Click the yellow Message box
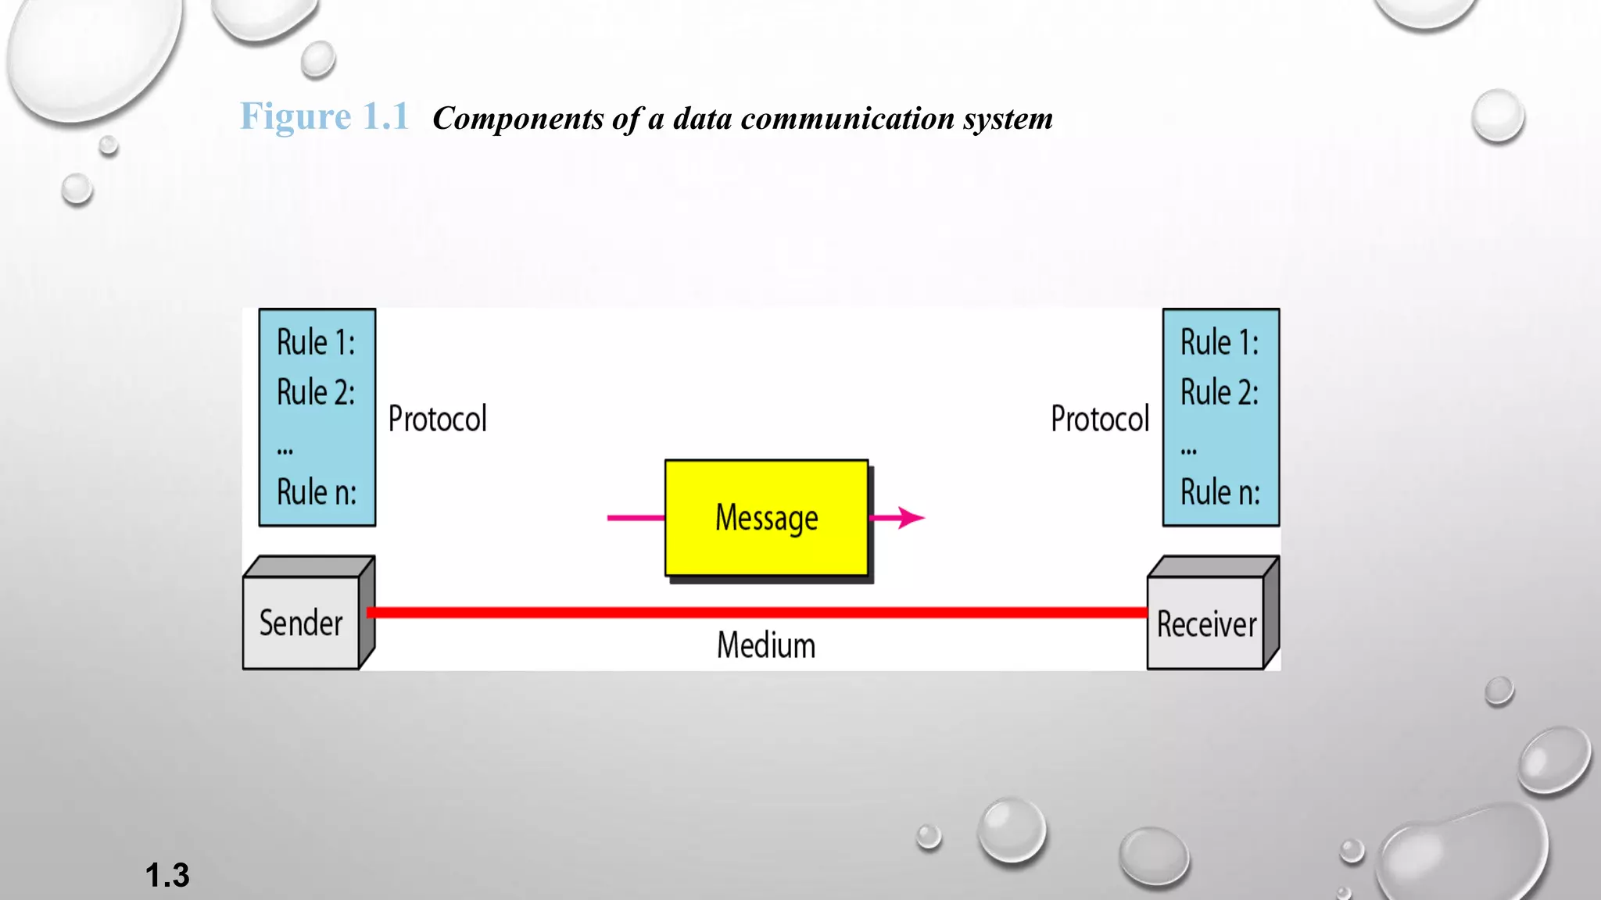click(766, 517)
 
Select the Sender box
click(301, 623)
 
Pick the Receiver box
click(1206, 623)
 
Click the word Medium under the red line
click(766, 646)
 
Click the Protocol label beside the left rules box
click(438, 420)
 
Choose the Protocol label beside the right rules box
click(1100, 420)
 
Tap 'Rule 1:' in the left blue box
click(316, 343)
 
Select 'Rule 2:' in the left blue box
click(316, 392)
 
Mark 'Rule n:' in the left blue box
click(317, 492)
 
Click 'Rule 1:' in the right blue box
click(1220, 343)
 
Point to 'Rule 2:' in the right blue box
click(1220, 392)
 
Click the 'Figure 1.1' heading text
click(324, 117)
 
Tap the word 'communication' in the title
click(847, 119)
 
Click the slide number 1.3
click(167, 875)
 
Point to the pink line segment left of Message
click(636, 517)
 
